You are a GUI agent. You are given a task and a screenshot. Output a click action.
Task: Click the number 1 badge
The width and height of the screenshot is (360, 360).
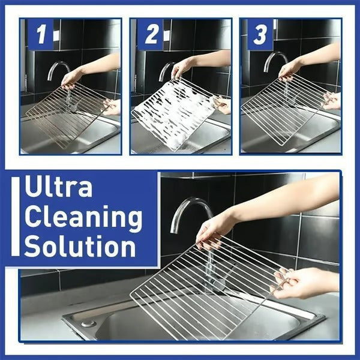(x=40, y=34)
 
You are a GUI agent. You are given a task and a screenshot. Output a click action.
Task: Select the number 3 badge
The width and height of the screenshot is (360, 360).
(x=260, y=34)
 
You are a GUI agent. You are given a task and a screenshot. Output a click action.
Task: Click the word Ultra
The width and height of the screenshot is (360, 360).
(x=59, y=188)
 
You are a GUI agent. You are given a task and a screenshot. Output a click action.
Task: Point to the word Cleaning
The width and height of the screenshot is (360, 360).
(x=83, y=218)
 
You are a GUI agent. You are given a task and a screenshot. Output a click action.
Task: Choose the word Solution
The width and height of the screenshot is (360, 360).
(x=80, y=247)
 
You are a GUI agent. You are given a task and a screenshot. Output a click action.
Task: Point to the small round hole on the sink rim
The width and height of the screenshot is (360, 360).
(x=88, y=323)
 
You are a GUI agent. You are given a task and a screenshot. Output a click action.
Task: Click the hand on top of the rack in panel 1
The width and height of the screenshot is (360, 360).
(x=72, y=77)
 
